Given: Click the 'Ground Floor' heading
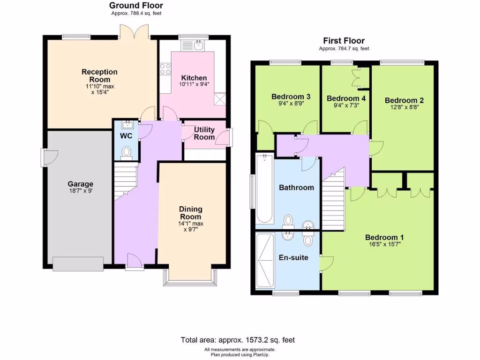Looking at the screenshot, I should (136, 6).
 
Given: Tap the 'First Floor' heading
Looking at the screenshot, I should (344, 41).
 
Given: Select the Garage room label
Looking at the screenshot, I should (80, 184).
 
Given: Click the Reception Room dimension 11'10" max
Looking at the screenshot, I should (100, 86).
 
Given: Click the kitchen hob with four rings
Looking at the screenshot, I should (165, 69).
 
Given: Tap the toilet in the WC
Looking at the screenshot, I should (126, 153).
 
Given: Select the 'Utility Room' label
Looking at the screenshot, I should (204, 133).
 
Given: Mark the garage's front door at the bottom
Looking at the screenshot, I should (78, 263).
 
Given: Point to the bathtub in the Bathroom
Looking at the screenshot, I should (264, 188).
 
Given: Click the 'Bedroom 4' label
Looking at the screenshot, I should (346, 98).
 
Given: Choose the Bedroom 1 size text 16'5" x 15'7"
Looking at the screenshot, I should (384, 244).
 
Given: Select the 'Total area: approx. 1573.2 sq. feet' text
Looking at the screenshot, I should (238, 340).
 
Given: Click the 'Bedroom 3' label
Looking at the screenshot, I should (291, 97).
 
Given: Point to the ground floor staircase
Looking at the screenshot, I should (125, 180).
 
